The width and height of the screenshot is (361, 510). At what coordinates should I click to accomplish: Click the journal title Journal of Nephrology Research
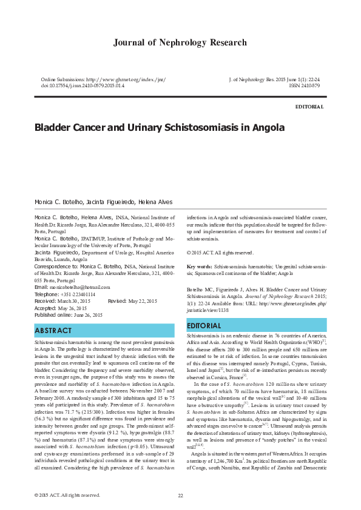coord(180,42)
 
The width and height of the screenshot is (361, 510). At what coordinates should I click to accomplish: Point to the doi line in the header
coord(83,86)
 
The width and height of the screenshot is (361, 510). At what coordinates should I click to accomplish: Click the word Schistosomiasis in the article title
coord(201,128)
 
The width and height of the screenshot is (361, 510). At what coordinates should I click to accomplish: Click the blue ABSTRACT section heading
coord(53,331)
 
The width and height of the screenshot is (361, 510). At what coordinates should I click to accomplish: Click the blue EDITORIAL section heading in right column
coord(207,326)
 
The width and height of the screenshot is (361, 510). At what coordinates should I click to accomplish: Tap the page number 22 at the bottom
coord(180,495)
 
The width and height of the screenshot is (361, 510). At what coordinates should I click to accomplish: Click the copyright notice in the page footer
coord(67,495)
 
